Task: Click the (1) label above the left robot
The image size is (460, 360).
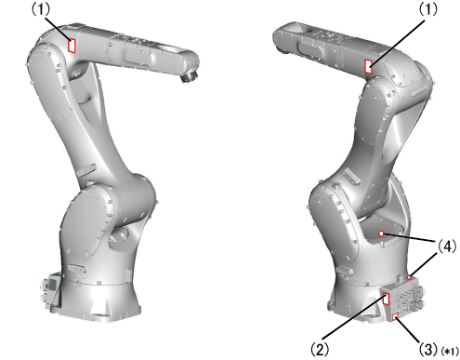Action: (x=41, y=9)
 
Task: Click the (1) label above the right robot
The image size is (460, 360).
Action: (x=428, y=9)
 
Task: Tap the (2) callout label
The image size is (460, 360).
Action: (x=320, y=349)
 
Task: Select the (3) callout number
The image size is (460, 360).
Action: (x=428, y=349)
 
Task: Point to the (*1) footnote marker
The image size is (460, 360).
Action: (x=449, y=352)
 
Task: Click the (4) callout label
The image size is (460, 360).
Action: (x=447, y=247)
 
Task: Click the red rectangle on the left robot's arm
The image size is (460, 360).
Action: (x=72, y=46)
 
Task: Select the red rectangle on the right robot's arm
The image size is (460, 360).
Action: (x=369, y=67)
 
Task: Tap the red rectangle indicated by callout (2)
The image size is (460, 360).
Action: (x=386, y=299)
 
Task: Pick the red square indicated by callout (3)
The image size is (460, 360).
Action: (x=395, y=317)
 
